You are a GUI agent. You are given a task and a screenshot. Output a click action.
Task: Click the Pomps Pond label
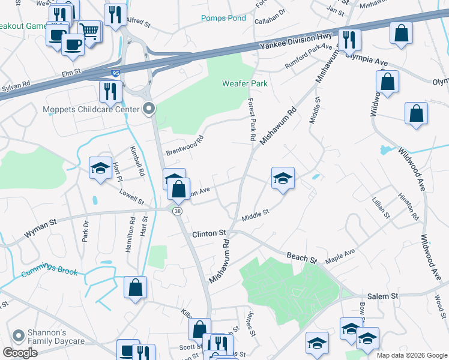point(223,18)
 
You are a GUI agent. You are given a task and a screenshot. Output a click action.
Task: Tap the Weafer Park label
point(244,83)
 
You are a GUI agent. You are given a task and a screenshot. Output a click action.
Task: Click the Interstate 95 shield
point(115,74)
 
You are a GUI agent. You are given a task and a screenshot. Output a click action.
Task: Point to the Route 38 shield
point(177,211)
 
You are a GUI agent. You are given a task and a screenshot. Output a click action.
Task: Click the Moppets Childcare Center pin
point(149,109)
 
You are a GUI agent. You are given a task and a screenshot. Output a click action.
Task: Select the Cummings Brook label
point(50,272)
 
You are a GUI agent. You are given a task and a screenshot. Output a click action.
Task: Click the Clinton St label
point(209,232)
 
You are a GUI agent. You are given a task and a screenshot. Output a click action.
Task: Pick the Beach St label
point(301,258)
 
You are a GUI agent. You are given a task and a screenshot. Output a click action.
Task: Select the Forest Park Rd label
point(252,120)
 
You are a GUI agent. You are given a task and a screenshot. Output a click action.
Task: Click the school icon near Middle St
point(283,178)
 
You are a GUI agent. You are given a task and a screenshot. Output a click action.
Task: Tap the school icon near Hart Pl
point(100,168)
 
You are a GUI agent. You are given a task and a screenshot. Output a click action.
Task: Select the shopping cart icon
point(89,31)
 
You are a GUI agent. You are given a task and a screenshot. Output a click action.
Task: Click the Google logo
point(20,353)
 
